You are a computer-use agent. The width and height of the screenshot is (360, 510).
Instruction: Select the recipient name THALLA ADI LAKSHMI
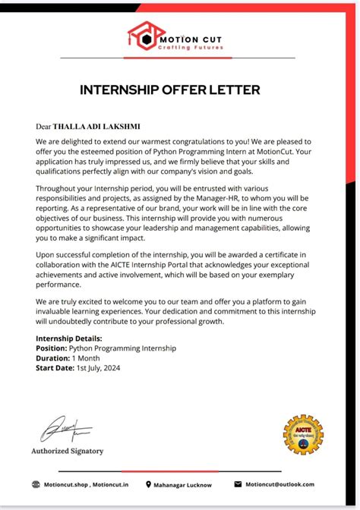[x=96, y=126]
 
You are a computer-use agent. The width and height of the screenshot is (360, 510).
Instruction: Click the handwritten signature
[x=65, y=429]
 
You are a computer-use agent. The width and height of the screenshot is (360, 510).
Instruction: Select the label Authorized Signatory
[x=67, y=451]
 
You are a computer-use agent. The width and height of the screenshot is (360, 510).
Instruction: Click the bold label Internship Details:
[x=69, y=338]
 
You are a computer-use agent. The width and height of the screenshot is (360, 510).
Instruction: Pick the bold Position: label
[x=52, y=348]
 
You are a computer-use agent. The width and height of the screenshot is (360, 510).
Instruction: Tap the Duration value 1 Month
[x=87, y=358]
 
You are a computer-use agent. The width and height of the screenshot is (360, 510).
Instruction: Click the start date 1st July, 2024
[x=98, y=368]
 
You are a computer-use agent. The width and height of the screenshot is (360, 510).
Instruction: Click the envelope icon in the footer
[x=238, y=484]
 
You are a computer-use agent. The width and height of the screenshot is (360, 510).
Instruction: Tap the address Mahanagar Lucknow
[x=184, y=485]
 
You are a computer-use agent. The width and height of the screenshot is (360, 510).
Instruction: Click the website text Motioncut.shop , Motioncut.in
[x=86, y=484]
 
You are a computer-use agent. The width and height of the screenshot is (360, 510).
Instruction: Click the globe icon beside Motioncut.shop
[x=36, y=484]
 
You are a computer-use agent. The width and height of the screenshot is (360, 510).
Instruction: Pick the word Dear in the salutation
[x=43, y=126]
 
